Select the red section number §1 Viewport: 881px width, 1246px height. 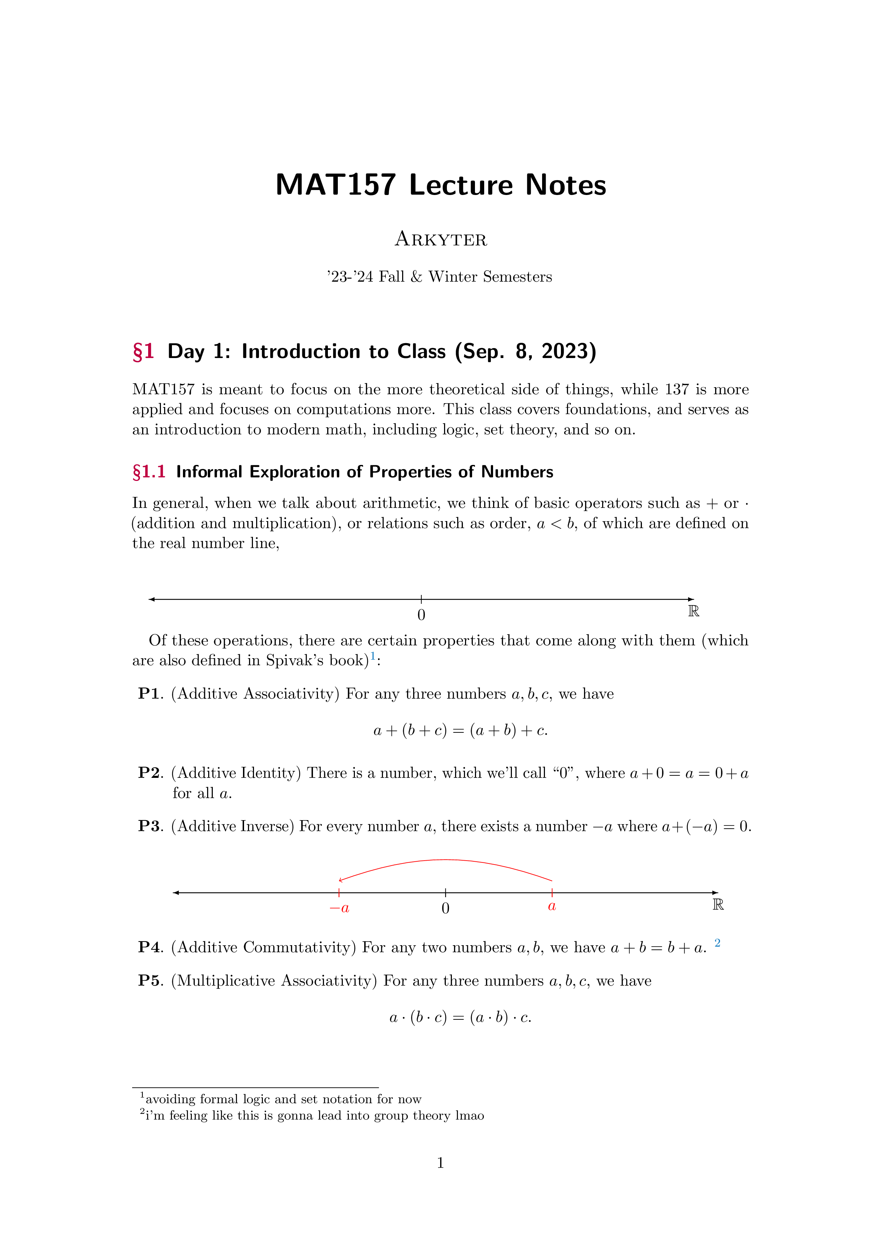click(x=143, y=352)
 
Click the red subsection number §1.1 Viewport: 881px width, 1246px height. click(x=149, y=472)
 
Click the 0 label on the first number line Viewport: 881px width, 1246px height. click(x=421, y=615)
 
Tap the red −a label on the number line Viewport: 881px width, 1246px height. click(x=339, y=908)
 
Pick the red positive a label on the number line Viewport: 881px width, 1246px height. click(x=551, y=906)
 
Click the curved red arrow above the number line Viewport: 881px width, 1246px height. click(x=445, y=860)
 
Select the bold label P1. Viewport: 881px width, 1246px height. click(x=150, y=694)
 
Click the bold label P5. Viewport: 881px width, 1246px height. click(x=150, y=981)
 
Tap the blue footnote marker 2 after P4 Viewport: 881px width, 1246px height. click(x=717, y=943)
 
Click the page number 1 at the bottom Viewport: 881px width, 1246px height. click(x=440, y=1163)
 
